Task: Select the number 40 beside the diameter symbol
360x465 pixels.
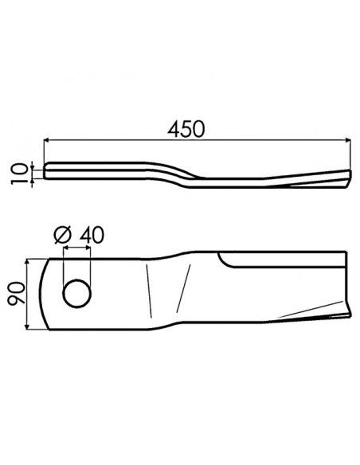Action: click(x=91, y=235)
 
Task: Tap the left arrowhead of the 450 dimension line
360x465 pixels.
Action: click(x=46, y=139)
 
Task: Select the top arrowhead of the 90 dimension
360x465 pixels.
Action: click(x=29, y=261)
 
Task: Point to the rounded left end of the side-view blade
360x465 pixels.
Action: click(x=45, y=171)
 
